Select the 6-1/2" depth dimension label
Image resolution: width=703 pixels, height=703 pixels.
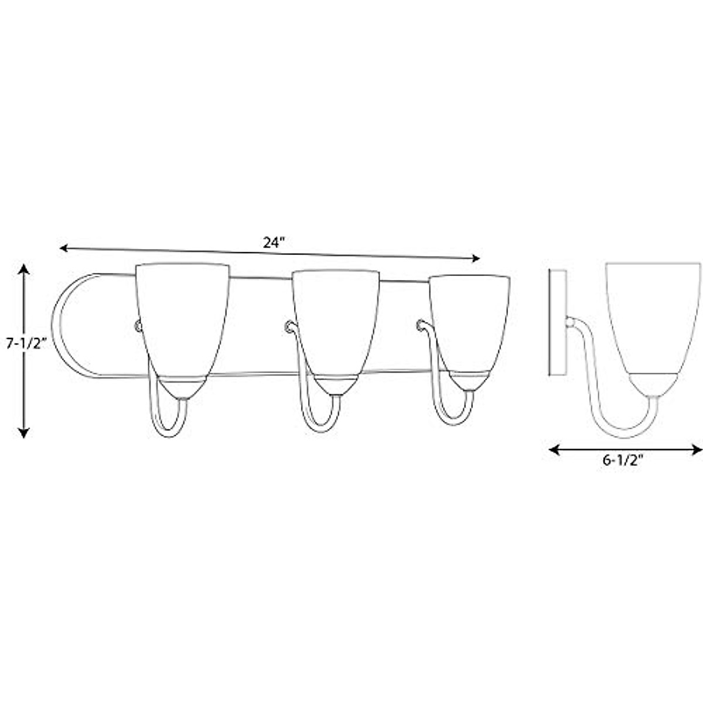(x=623, y=460)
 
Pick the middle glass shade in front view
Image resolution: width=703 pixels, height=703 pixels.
(x=335, y=319)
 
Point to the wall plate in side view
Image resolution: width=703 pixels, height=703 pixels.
(x=556, y=322)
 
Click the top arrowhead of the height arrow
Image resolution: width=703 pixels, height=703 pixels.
(x=23, y=269)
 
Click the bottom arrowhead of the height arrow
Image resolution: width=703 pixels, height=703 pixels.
(x=23, y=433)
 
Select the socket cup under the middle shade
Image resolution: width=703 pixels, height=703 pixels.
(x=335, y=387)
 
